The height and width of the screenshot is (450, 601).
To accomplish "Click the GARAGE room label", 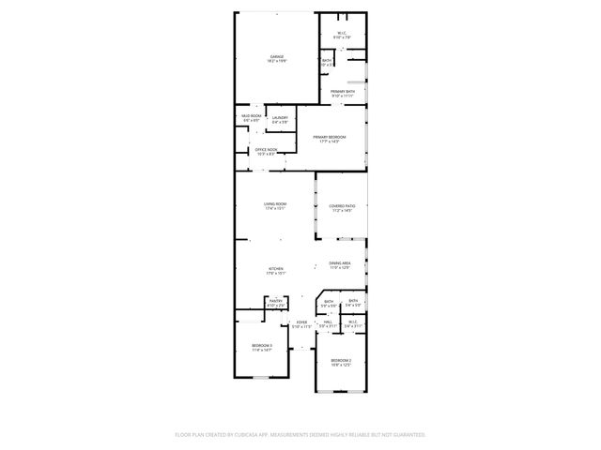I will [277, 56].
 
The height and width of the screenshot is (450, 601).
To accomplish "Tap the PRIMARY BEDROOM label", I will [330, 138].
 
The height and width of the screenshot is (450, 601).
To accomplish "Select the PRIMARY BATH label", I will [342, 91].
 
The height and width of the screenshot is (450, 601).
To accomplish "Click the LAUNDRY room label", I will [280, 117].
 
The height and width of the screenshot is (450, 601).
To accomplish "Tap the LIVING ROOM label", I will [274, 203].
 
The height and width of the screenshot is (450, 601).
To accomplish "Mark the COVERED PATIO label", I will [340, 205].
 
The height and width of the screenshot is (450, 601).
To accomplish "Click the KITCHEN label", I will [275, 268].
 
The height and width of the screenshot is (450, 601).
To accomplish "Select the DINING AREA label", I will [340, 263].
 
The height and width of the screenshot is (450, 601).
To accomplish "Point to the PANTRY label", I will [276, 301].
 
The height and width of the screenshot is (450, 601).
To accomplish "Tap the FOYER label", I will [301, 322].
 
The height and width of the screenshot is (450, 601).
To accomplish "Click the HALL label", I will [328, 322].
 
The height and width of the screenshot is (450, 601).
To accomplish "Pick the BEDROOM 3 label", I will [261, 346].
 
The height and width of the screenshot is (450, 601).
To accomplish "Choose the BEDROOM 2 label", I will [340, 360].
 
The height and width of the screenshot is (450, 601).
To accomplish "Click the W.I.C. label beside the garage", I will [343, 33].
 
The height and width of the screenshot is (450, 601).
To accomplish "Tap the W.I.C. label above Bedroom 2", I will [353, 322].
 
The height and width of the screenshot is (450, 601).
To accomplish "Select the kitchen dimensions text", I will [275, 273].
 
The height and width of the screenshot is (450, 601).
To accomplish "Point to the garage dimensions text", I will [277, 61].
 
